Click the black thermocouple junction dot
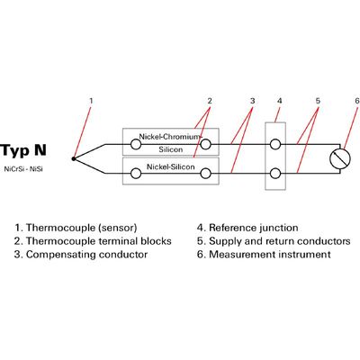pos(74,158)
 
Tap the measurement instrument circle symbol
pos(340,158)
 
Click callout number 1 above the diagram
pos(91,101)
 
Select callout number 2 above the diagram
pos(210,101)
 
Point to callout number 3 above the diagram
pos(252,101)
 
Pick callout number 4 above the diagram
pos(280,101)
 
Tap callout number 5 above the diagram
pos(318,101)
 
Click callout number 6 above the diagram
pos(356,101)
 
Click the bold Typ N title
pos(23,150)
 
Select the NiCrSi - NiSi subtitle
pos(23,169)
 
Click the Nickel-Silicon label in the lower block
pos(170,166)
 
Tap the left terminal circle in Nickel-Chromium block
pos(136,145)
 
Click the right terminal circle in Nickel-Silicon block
pos(205,174)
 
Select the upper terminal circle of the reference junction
pos(275,144)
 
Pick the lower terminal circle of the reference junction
pos(275,174)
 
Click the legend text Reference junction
pos(254,228)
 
